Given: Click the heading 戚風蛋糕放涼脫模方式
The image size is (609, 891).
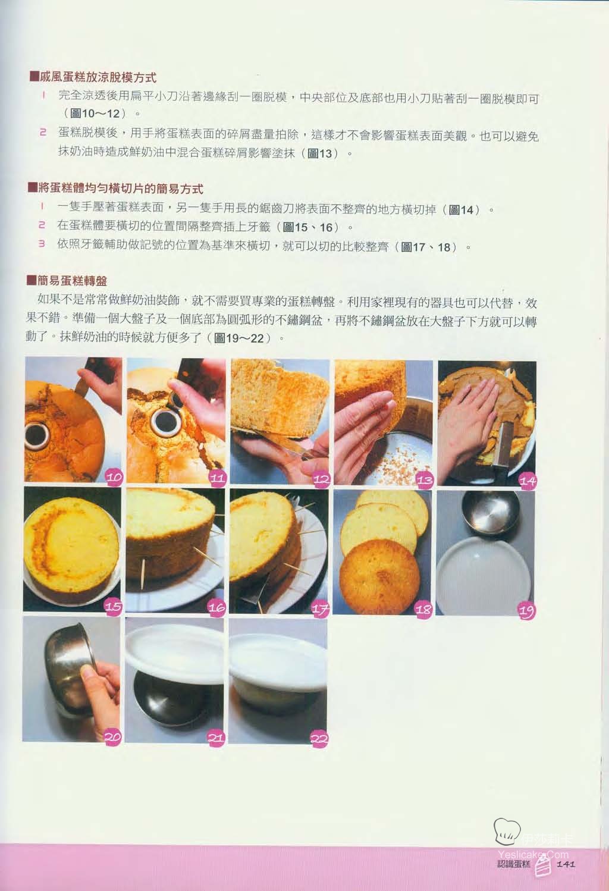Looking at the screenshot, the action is click(98, 77).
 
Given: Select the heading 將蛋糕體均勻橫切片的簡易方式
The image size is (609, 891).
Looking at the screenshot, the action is click(121, 188).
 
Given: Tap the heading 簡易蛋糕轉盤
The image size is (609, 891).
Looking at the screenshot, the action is click(72, 281).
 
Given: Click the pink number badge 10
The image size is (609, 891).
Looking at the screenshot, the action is click(114, 476).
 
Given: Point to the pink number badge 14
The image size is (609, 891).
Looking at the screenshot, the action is click(528, 481).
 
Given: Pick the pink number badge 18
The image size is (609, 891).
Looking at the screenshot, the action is click(423, 610).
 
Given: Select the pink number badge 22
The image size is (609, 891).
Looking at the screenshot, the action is click(319, 739).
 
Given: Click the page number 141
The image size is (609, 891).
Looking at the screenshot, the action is click(566, 864).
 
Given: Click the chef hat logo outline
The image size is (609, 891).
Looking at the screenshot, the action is click(507, 832).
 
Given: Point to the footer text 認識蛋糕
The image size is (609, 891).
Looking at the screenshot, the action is click(513, 864).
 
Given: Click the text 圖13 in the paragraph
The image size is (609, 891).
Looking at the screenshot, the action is click(320, 153).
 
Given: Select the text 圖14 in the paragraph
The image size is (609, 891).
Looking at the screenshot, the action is click(461, 209).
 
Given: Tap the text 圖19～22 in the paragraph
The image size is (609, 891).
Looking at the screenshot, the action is click(239, 338).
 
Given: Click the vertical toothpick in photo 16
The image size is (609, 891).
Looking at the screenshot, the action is click(143, 572).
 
